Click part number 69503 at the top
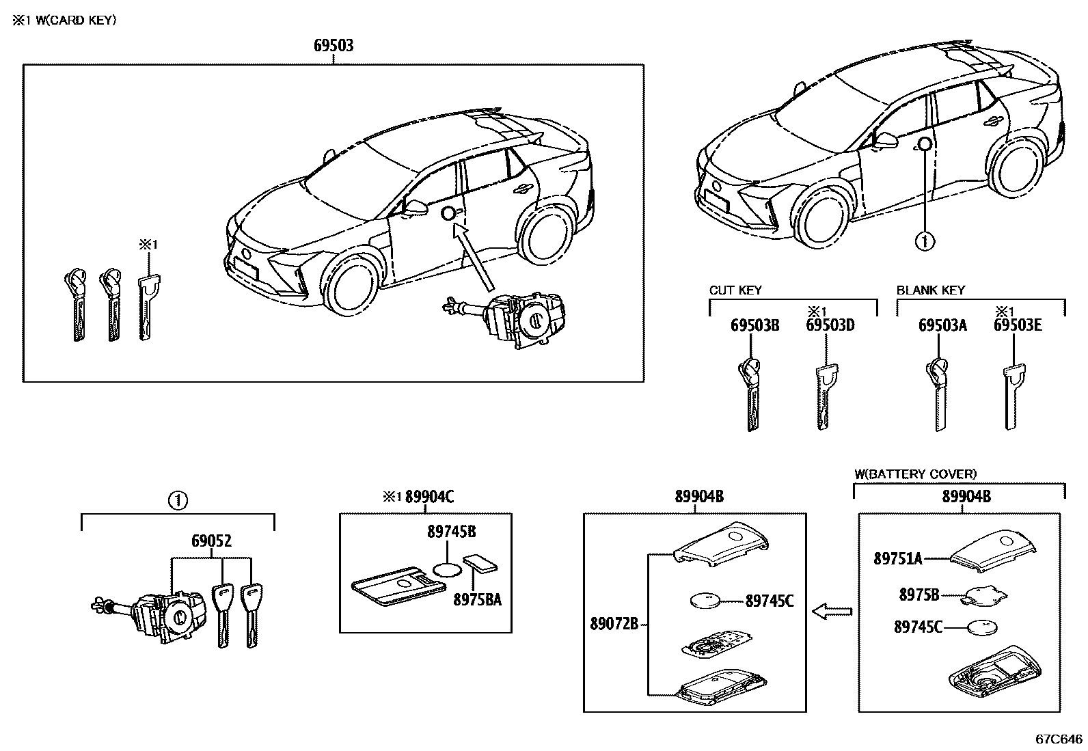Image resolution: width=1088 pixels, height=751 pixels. (x=334, y=46)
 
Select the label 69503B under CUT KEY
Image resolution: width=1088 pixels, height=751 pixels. (x=754, y=325)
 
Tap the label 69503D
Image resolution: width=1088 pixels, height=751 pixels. (x=830, y=325)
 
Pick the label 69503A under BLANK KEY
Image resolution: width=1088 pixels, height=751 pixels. (x=942, y=325)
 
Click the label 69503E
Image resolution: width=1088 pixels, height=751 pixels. (x=1018, y=325)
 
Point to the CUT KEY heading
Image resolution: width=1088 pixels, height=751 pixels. (x=735, y=290)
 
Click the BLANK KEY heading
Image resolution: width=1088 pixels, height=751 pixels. (x=931, y=290)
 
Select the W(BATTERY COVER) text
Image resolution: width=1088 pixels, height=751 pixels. (x=916, y=474)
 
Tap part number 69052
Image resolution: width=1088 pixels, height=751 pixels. (x=211, y=541)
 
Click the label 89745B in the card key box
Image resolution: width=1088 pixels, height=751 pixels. (x=452, y=532)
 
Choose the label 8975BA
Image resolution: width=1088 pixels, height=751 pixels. (x=478, y=600)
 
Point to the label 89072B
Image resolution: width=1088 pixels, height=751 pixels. (x=614, y=623)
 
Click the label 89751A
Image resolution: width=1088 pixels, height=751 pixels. (x=898, y=559)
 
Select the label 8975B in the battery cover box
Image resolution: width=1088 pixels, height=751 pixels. (x=919, y=595)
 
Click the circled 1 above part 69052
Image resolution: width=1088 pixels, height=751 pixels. (x=177, y=501)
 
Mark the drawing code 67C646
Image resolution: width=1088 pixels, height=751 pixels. (x=1059, y=739)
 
